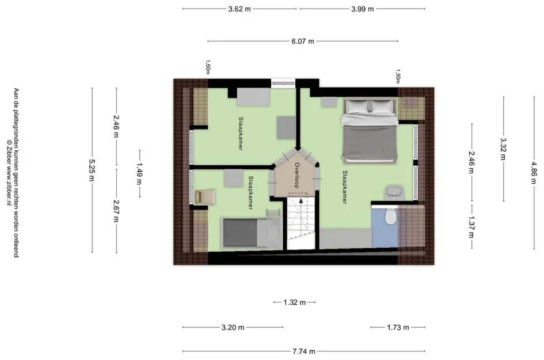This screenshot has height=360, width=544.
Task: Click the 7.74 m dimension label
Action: point(303,351)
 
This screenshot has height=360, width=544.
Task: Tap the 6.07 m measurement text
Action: point(303,41)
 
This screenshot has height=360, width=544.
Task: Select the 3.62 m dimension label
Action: point(239,9)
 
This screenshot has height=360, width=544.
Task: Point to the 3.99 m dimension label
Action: point(362,9)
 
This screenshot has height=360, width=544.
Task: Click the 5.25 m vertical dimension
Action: point(92,170)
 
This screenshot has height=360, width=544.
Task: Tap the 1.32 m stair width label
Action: point(294,302)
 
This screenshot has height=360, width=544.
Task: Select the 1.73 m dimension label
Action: point(398,327)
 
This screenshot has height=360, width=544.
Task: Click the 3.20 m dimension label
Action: point(233,327)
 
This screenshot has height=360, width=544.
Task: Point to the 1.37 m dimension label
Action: point(471,227)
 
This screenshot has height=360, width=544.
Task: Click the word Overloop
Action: point(297,175)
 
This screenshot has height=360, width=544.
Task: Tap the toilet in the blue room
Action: point(391,216)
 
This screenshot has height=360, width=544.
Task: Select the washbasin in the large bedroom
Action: point(394,192)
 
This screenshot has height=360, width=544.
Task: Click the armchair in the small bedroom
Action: point(206,196)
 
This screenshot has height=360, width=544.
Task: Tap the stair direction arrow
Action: point(301,200)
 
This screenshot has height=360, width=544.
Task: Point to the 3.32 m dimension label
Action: point(503,149)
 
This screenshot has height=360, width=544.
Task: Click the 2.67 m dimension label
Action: point(116,211)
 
